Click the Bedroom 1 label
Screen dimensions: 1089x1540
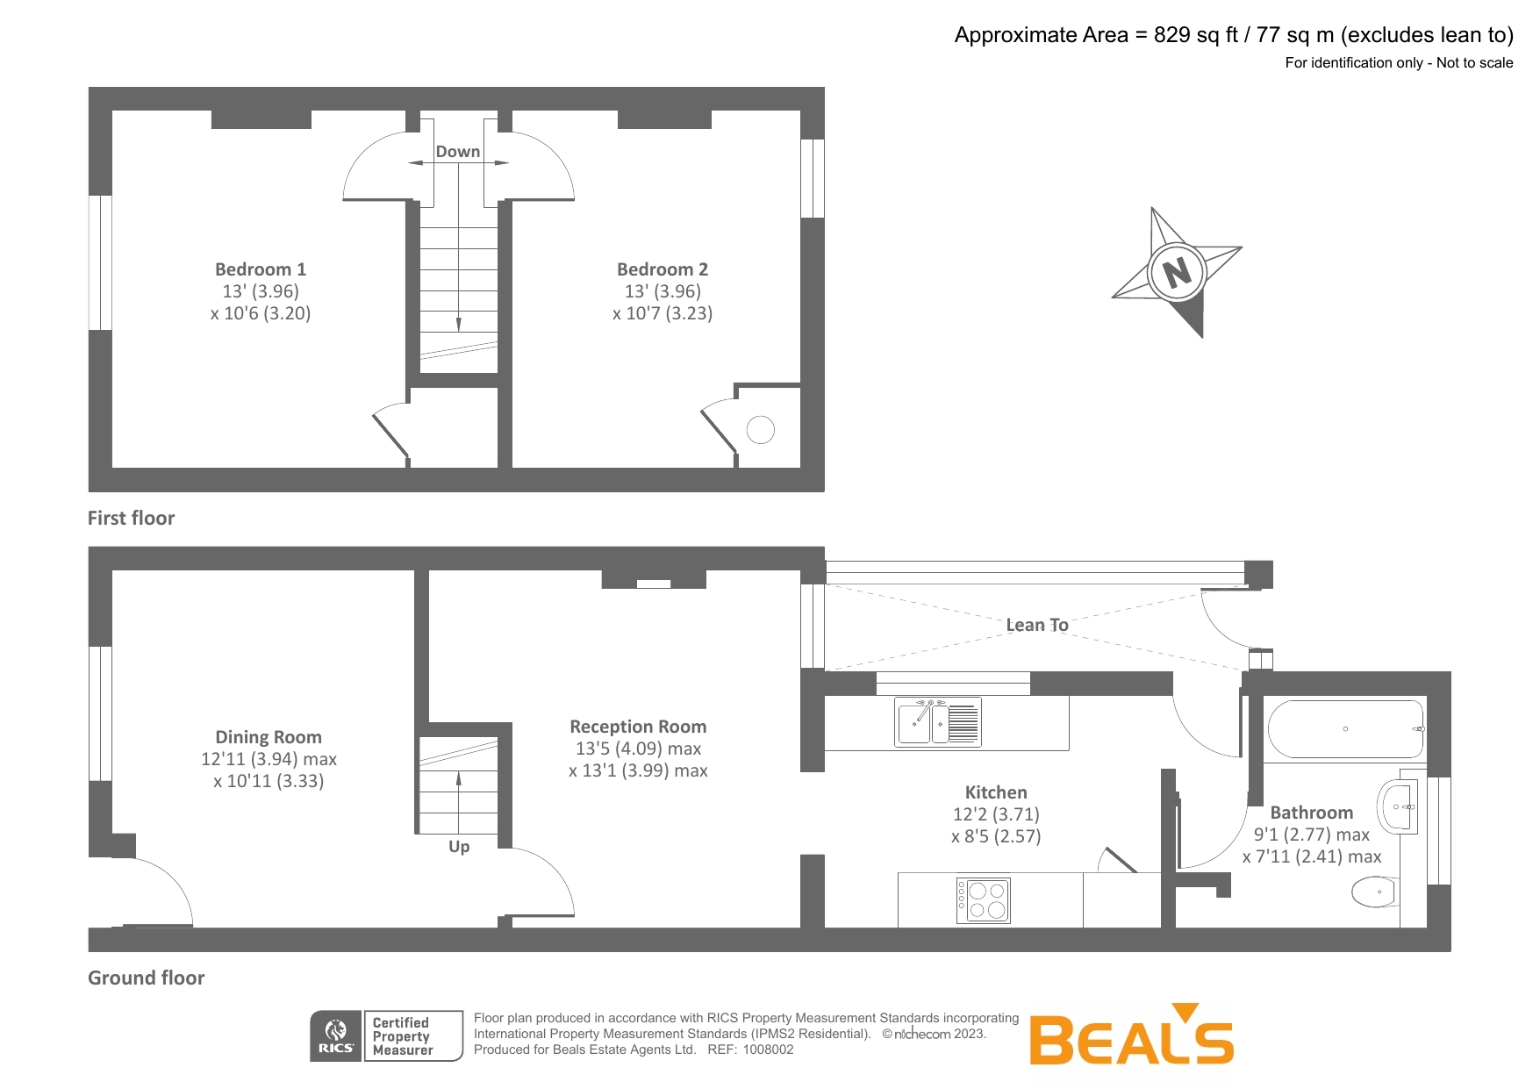point(261,269)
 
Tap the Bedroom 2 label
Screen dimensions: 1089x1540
point(663,269)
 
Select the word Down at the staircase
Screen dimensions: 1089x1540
point(458,152)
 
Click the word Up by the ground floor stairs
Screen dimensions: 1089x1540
point(459,847)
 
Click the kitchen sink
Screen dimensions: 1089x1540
point(936,722)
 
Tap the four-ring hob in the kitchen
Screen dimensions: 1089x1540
point(984,900)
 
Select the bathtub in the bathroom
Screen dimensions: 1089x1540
point(1345,729)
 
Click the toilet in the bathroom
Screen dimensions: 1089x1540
point(1375,892)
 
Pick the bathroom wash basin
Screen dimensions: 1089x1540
point(1398,806)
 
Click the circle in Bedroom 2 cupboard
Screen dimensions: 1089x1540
point(761,430)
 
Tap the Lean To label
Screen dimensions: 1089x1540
point(1037,625)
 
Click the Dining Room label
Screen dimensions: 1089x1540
point(269,737)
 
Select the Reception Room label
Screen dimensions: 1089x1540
point(638,727)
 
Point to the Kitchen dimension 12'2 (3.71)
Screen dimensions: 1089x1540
point(996,814)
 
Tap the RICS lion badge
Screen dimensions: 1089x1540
point(336,1035)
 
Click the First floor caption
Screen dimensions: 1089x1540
point(131,518)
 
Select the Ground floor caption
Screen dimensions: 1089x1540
point(146,978)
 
